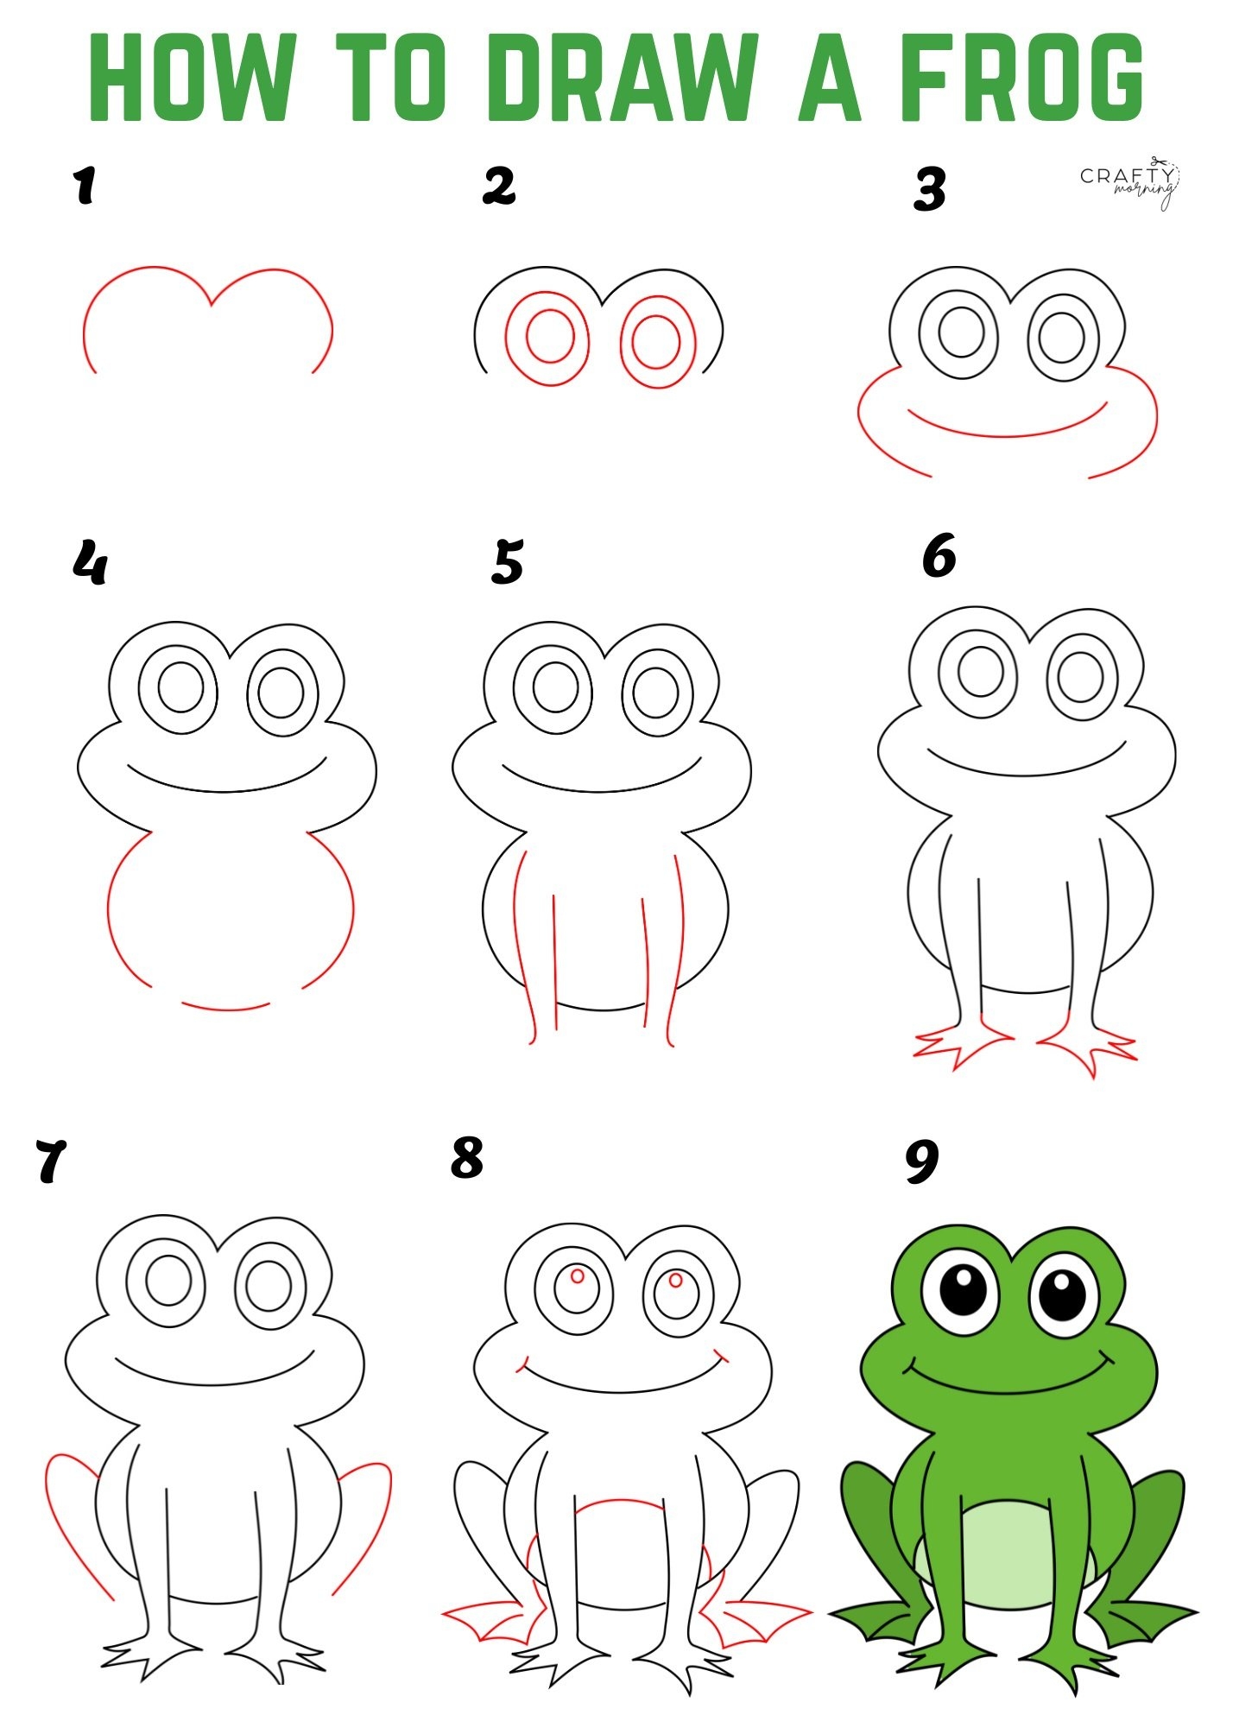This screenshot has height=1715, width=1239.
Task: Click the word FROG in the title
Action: click(1021, 77)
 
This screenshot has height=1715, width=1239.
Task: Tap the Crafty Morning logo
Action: click(1129, 184)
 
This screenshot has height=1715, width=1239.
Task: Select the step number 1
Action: click(84, 187)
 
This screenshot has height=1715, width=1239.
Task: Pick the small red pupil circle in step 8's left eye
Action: click(578, 1275)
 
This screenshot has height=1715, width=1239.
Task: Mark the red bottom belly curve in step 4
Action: click(226, 1007)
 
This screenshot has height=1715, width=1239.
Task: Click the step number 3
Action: click(930, 190)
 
